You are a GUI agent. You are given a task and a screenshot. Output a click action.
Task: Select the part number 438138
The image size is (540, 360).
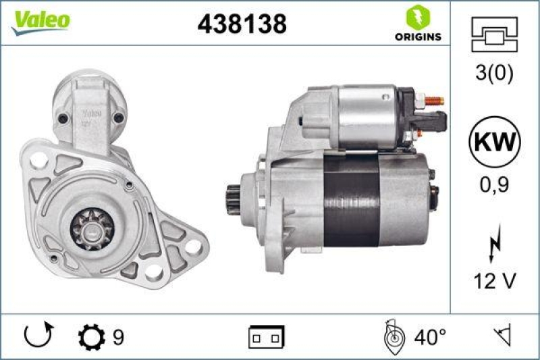242,24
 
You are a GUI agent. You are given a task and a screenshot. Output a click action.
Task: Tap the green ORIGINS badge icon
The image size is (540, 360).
414,18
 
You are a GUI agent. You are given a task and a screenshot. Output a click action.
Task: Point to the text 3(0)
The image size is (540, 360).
495,73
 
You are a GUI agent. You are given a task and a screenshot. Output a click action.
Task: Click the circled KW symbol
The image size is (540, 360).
495,143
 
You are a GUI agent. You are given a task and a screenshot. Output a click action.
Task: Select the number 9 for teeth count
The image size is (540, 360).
119,336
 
